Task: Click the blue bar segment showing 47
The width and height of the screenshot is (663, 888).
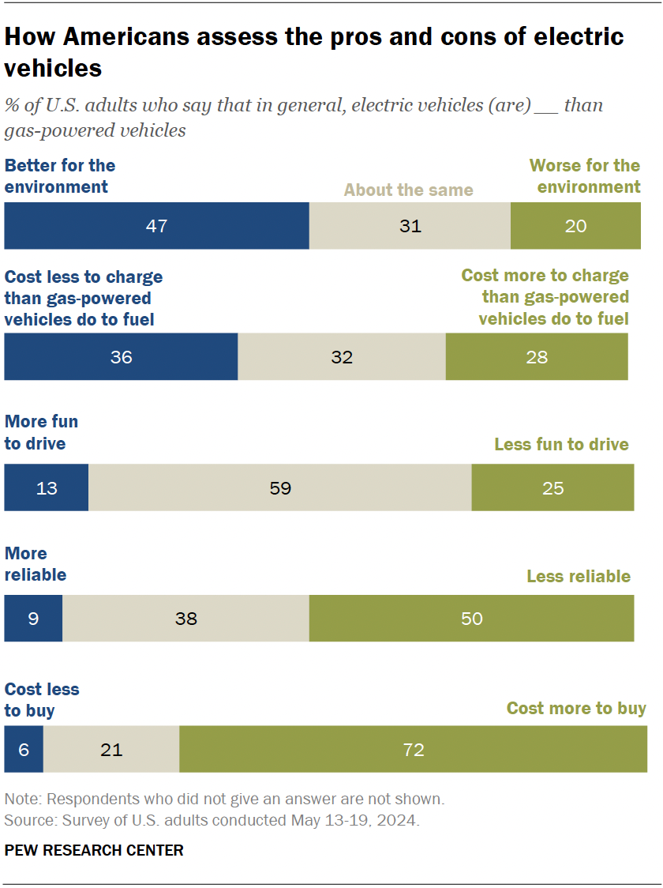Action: [156, 226]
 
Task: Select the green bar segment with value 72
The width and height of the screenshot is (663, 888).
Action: [413, 749]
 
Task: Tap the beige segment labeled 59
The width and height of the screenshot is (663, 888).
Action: [279, 487]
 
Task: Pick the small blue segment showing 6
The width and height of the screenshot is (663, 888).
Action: [24, 749]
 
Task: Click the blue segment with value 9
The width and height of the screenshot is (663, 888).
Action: [33, 619]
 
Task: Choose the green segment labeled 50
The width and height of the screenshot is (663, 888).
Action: [471, 619]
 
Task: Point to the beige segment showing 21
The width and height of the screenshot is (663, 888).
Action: [111, 749]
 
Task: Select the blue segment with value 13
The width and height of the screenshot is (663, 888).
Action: [47, 487]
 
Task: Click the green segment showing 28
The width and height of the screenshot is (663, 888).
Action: [537, 357]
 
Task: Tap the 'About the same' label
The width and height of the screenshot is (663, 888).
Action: [409, 190]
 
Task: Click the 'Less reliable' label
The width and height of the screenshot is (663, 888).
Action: [579, 577]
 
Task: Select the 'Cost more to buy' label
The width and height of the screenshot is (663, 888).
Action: [576, 708]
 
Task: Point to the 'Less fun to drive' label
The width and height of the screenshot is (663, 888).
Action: [561, 444]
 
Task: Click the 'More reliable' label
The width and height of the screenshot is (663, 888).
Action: [36, 564]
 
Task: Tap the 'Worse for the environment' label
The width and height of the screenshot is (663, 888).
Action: [585, 176]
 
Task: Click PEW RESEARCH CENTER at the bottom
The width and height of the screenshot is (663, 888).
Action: [94, 851]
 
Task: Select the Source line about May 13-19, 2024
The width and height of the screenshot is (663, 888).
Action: [212, 821]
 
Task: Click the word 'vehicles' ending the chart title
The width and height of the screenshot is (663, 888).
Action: [54, 69]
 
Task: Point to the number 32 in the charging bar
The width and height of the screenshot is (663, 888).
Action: [341, 357]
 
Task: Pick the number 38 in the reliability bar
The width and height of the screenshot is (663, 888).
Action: [185, 619]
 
